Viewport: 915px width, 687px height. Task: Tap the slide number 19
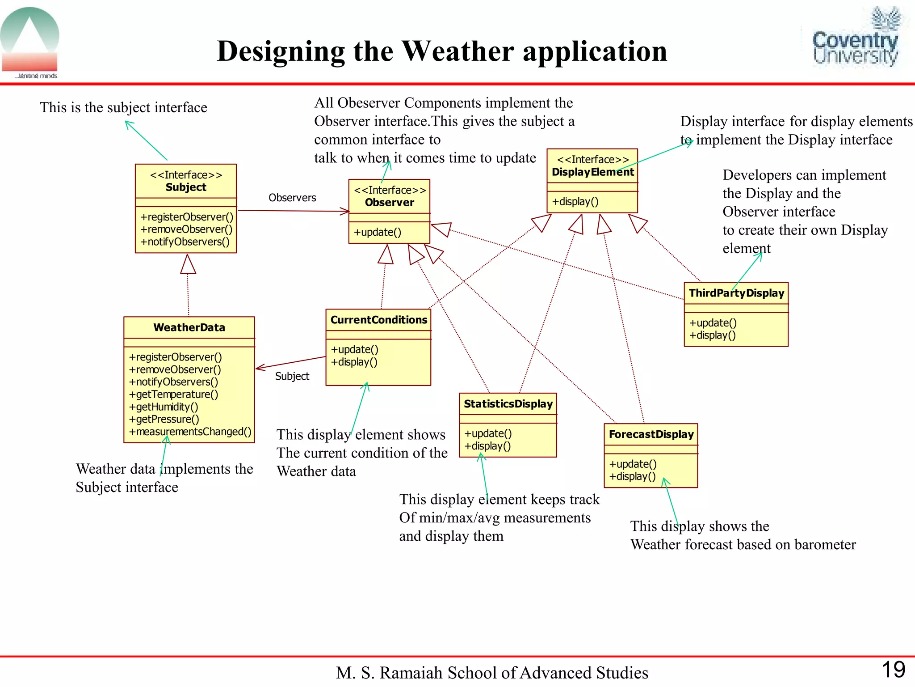point(893,670)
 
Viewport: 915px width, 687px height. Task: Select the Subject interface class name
point(186,187)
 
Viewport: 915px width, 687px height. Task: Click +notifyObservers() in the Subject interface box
point(185,242)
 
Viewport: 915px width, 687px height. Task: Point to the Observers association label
point(292,198)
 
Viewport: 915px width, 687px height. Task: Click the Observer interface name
point(390,203)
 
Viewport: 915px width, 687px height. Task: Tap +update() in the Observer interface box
point(378,233)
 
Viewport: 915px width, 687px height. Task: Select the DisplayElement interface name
point(592,172)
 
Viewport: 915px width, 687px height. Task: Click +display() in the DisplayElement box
point(575,202)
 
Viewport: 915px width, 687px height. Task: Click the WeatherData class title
point(189,327)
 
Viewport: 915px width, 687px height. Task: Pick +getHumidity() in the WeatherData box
point(164,407)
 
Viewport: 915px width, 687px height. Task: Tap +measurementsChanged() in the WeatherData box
point(190,432)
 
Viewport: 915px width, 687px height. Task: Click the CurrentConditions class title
point(378,320)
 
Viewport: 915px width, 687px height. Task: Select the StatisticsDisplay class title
point(508,404)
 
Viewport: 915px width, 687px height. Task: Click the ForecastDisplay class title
point(651,434)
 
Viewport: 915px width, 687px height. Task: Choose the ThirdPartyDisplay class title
point(736,293)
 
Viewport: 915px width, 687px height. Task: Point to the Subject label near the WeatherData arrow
point(292,377)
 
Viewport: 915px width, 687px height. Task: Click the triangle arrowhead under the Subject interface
point(188,264)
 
